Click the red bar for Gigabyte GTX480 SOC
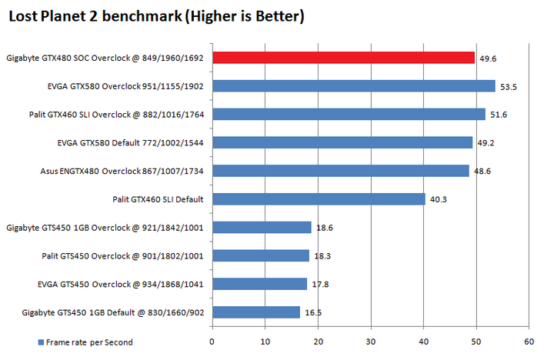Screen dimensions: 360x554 click(343, 58)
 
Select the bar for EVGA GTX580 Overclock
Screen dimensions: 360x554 click(353, 86)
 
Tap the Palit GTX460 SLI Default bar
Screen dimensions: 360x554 click(319, 199)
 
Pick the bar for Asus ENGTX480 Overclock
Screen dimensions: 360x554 click(340, 171)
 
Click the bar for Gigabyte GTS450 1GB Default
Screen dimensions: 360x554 click(255, 312)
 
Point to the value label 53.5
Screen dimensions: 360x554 click(508, 87)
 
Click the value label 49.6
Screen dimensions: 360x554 click(487, 58)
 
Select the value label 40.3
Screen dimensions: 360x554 click(439, 200)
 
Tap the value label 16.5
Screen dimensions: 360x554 click(312, 313)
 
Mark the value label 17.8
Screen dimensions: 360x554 click(320, 285)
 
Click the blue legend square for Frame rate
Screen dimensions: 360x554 click(40, 342)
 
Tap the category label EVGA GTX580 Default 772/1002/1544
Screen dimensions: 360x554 click(130, 142)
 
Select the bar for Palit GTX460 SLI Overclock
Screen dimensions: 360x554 click(349, 115)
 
